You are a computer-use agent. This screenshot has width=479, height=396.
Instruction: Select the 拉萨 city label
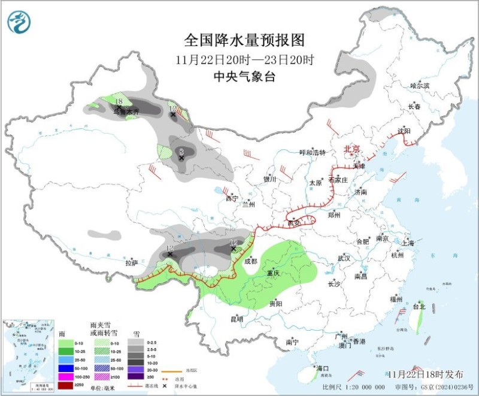pos(132,263)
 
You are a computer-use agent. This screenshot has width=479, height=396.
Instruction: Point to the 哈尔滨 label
pos(420,86)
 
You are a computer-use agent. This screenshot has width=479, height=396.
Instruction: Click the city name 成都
pos(251,261)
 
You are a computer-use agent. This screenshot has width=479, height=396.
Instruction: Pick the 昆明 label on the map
pos(237,319)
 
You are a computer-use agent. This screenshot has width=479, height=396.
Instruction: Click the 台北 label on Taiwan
pos(419,306)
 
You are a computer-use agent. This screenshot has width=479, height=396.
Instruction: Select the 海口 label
pos(323,368)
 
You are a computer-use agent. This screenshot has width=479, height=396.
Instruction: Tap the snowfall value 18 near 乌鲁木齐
pos(119,101)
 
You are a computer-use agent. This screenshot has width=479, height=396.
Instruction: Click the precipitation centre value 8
pos(181,152)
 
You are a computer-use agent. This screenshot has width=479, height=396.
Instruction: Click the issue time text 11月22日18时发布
pos(425,374)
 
